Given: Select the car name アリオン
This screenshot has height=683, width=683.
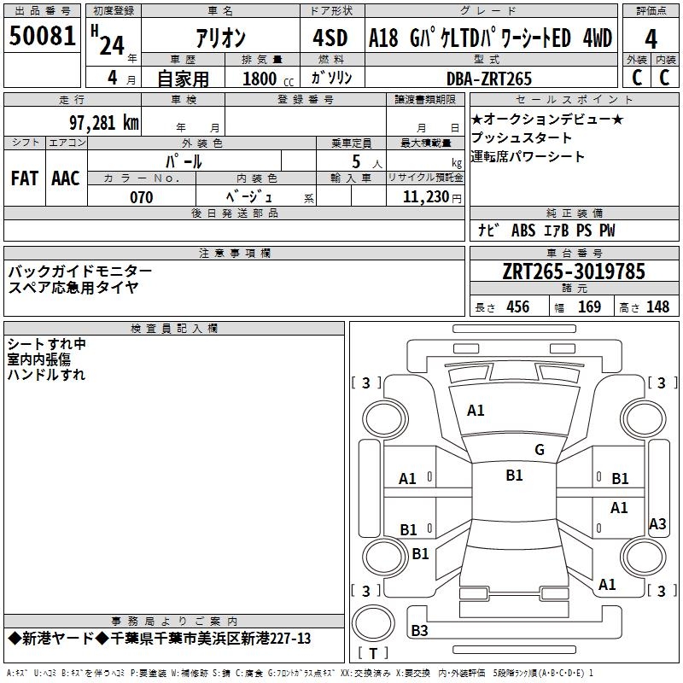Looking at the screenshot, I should pos(221,38).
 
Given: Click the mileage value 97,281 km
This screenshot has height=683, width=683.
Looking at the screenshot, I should pos(102,122).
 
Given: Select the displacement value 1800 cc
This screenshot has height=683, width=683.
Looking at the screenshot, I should pos(266,79).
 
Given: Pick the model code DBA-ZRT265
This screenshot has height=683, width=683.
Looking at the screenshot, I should pos(489,79).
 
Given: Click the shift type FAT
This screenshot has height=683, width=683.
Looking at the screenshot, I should pos(24,178).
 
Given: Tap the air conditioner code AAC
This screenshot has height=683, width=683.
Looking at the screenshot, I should pos(66,178).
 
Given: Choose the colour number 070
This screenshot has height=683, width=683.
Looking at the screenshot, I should pos(141,197).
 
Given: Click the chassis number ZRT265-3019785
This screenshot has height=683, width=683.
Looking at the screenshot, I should pos(574,271).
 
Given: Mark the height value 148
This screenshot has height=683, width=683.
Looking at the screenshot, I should pos(657,307).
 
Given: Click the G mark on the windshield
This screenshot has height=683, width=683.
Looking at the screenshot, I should pos(539,450).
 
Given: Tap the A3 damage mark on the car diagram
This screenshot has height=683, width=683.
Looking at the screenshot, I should pos(657,524).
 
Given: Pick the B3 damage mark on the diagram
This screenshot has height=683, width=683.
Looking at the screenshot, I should pos(419,631).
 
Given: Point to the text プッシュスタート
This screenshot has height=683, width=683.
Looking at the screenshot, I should pos(521,138).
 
